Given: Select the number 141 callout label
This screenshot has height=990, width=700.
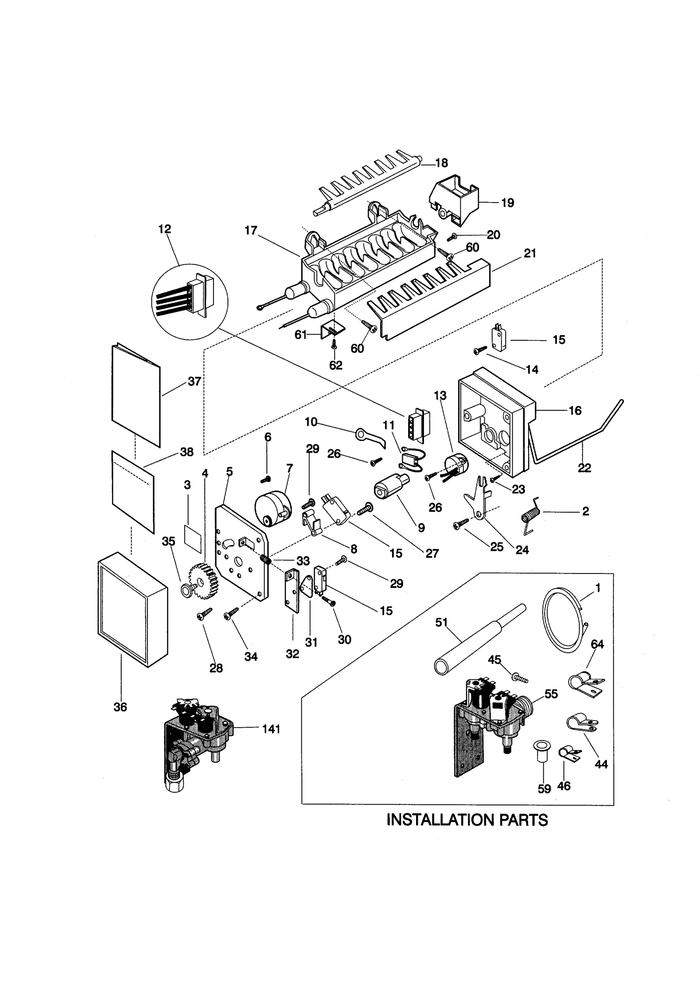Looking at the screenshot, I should pos(271,729).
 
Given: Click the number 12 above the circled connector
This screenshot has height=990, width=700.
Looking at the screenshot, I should pos(165,229).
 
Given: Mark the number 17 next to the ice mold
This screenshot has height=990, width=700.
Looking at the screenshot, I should pos(251,231).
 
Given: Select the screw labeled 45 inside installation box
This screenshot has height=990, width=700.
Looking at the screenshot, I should pos(519,678).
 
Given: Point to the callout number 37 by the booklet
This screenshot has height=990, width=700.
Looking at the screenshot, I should pos(194,381).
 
